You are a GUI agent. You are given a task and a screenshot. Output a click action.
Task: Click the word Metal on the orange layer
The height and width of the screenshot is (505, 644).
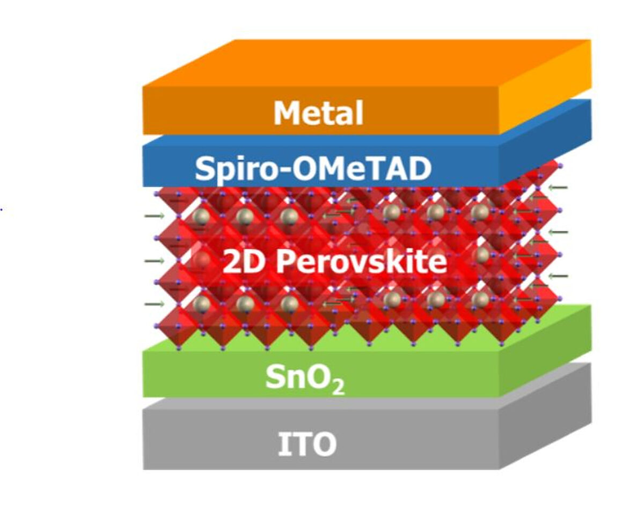[318, 113]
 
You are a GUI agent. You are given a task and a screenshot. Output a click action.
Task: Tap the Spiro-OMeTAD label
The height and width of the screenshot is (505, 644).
[313, 169]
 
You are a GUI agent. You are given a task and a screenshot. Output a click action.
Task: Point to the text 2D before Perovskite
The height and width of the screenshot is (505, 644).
[239, 262]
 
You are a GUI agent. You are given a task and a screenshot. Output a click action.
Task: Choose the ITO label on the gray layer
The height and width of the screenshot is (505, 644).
[307, 444]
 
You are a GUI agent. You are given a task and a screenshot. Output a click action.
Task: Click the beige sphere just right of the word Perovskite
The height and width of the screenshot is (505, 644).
[481, 254]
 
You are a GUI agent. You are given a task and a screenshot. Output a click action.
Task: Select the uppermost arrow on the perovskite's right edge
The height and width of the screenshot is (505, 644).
[558, 187]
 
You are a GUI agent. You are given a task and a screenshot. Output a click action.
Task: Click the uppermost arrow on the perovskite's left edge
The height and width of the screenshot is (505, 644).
[154, 216]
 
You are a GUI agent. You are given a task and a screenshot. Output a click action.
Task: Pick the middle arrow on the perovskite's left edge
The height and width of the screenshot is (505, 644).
[154, 261]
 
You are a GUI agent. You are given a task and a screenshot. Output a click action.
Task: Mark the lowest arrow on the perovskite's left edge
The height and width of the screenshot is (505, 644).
[154, 304]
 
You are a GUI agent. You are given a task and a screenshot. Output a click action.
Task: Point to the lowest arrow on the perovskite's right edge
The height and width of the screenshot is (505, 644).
[558, 276]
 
